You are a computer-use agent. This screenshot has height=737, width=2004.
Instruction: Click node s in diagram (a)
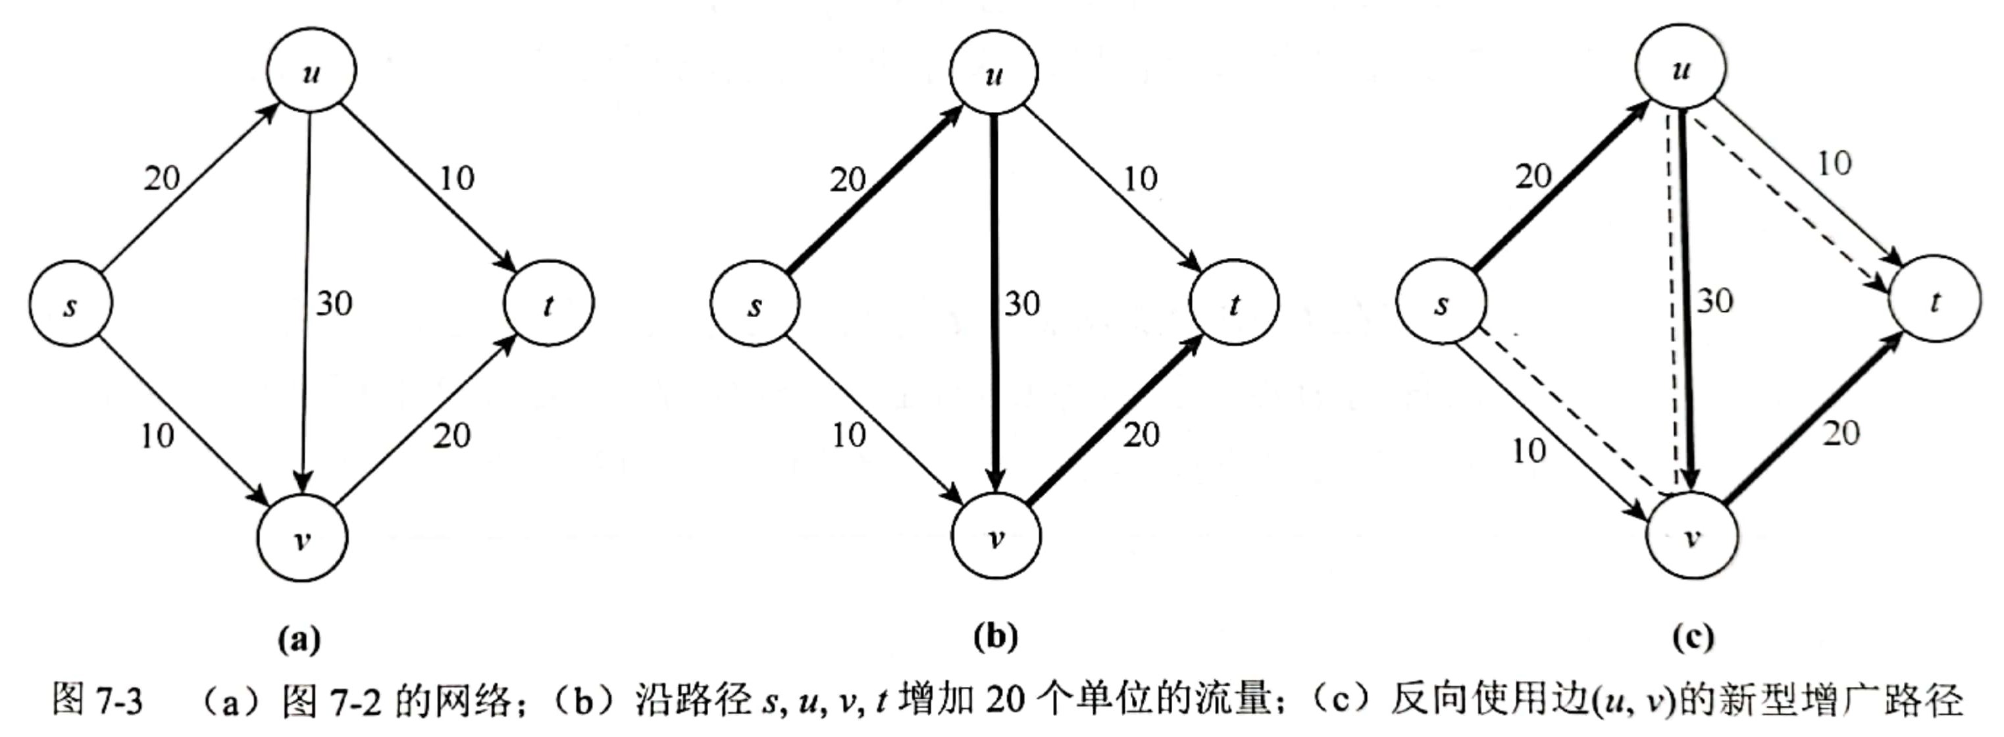point(70,304)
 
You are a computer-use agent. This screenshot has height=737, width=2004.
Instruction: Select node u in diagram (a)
point(311,72)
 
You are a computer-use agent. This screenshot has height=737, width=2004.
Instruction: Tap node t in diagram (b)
point(1234,303)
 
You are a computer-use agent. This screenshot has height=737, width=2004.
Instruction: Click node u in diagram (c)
point(1680,68)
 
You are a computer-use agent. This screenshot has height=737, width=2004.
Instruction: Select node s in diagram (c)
point(1441,303)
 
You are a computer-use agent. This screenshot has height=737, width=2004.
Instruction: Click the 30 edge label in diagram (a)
point(334,303)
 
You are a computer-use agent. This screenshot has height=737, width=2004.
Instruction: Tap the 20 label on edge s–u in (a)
point(162,178)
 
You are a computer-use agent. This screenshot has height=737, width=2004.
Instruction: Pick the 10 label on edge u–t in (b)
point(1140,179)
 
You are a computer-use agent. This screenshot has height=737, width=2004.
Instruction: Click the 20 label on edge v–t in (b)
point(1141,435)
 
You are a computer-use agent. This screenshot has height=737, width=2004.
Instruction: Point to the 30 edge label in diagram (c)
point(1714,301)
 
